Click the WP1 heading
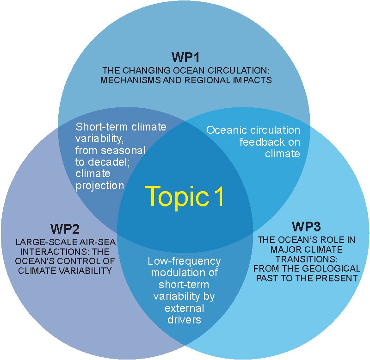click(185, 58)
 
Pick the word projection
click(100, 186)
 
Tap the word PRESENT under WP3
click(340, 278)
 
